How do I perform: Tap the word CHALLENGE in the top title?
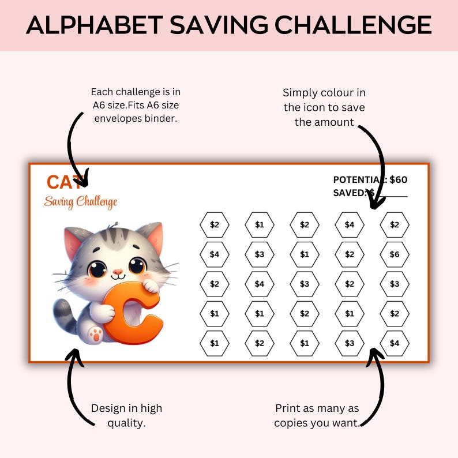click(x=353, y=25)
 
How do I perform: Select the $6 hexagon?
click(x=395, y=254)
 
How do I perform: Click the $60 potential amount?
click(x=399, y=179)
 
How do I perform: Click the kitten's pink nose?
click(x=118, y=271)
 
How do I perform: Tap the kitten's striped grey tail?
click(x=63, y=315)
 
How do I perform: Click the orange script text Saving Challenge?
click(x=81, y=202)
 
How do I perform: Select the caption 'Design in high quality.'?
click(x=126, y=415)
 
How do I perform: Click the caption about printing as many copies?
click(x=317, y=415)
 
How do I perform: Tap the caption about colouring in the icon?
click(x=324, y=107)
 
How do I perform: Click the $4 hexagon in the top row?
click(x=350, y=225)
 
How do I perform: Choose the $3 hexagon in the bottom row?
click(x=350, y=343)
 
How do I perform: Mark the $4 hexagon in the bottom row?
click(x=395, y=343)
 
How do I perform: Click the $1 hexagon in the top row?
click(x=260, y=225)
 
